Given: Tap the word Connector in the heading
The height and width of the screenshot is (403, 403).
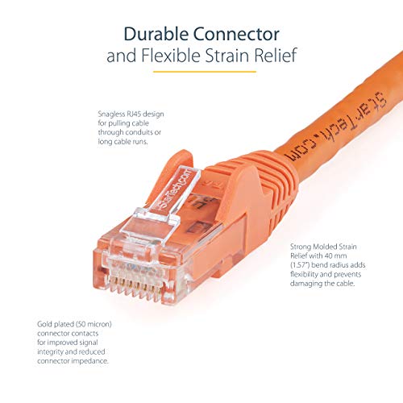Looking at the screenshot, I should pos(241,35).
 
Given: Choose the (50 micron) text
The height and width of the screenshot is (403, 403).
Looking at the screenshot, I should pos(88,323).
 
